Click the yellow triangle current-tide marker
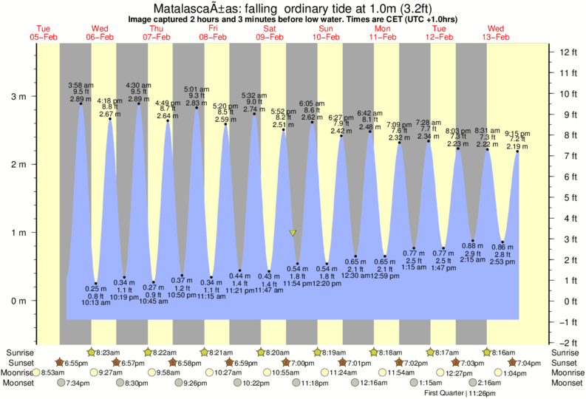(293, 233)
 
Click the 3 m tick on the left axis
(38, 96)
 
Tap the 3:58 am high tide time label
(80, 85)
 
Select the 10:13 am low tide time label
(96, 303)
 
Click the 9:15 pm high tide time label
(517, 134)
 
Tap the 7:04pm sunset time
(533, 363)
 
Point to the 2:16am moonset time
(491, 383)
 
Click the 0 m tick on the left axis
(38, 301)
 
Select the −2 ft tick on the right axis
(567, 343)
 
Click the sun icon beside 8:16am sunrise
(488, 352)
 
